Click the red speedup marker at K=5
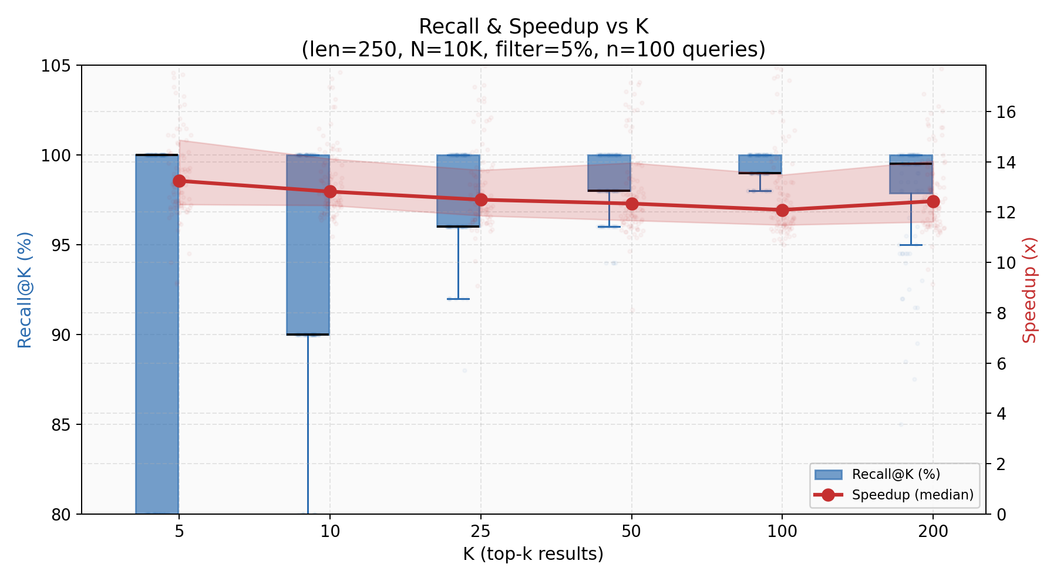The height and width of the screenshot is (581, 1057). click(x=179, y=181)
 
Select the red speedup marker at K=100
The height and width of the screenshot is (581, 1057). click(x=782, y=210)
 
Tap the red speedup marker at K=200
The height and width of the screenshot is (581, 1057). click(x=933, y=201)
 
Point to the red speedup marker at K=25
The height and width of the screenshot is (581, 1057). click(x=481, y=200)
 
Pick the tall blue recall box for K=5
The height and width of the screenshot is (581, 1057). click(x=157, y=335)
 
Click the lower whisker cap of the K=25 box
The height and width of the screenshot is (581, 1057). click(x=458, y=299)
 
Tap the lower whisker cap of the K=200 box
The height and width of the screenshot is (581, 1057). click(x=911, y=245)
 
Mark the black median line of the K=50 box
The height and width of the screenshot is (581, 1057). click(x=609, y=191)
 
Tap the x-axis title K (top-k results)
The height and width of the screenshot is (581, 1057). click(x=533, y=554)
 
